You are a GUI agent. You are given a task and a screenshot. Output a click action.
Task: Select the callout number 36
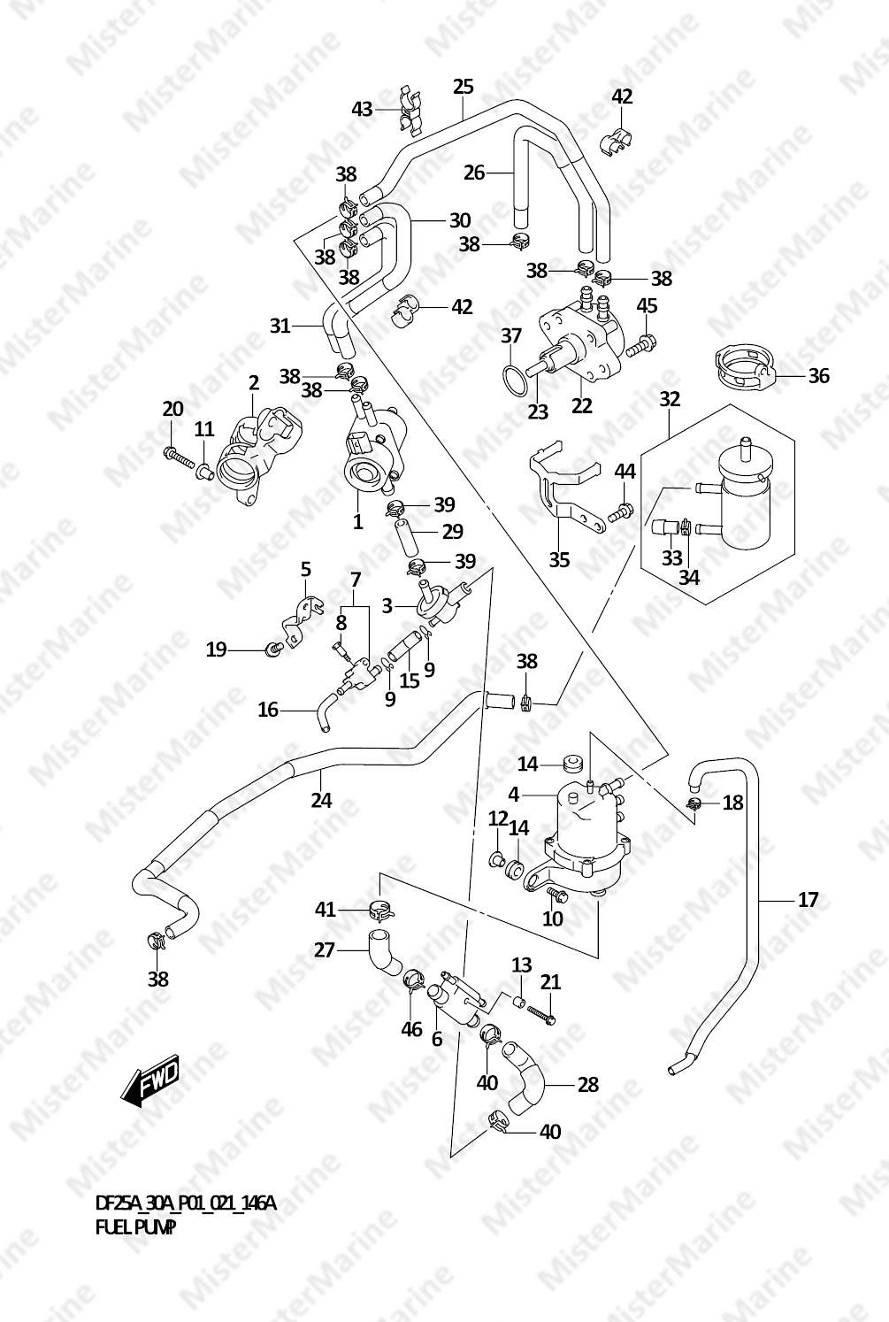click(818, 375)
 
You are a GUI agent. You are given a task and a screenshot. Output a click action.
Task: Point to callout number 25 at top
click(464, 87)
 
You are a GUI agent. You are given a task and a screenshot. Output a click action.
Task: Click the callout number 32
click(670, 399)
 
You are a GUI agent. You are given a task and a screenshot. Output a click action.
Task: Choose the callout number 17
click(808, 900)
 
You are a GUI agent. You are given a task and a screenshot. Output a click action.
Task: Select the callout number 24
click(321, 800)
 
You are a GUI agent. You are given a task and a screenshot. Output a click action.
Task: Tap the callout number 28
click(587, 1084)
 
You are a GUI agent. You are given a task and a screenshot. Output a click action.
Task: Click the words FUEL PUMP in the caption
click(135, 1227)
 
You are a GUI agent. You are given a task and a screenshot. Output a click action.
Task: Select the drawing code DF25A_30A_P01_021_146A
click(186, 1203)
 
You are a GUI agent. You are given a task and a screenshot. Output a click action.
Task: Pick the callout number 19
click(216, 649)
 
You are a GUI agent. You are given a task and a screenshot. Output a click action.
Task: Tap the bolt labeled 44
click(624, 511)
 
